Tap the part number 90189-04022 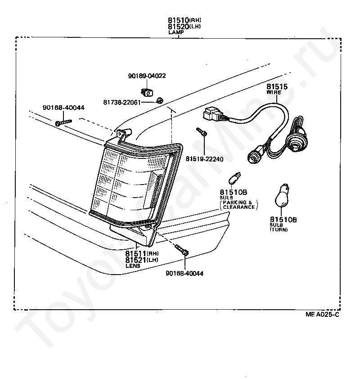147,76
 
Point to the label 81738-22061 122,102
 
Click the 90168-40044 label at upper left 63,108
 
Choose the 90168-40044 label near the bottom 184,273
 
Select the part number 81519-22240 205,159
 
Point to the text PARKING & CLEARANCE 238,205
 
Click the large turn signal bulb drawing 283,194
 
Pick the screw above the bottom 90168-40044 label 182,250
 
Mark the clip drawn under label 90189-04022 146,92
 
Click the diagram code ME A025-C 322,315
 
